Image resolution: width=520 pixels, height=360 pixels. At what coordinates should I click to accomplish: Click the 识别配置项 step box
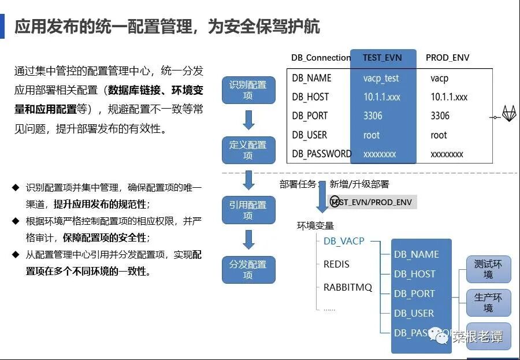(248, 90)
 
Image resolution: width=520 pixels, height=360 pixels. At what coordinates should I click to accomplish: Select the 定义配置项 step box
(248, 150)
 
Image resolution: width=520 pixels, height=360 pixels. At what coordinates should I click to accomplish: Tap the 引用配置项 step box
(248, 210)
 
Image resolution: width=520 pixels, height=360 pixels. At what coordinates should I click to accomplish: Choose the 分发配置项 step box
(248, 270)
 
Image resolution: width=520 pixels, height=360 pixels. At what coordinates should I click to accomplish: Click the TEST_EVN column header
(382, 58)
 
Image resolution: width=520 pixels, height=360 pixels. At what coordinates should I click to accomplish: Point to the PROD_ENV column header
(447, 58)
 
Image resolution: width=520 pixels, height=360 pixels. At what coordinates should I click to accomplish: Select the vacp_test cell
(381, 78)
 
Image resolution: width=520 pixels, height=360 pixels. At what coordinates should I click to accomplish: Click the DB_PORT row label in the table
(310, 116)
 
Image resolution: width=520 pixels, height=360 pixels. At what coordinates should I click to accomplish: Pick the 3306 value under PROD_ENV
(440, 116)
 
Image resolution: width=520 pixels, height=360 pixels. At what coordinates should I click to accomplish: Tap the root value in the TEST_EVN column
(372, 135)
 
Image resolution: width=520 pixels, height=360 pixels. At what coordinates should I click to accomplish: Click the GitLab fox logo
(509, 114)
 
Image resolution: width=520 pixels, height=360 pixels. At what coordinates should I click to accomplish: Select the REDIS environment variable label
(336, 265)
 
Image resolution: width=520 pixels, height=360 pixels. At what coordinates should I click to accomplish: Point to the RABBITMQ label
(348, 287)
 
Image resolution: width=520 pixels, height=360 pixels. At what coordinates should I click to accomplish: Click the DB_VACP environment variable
(344, 241)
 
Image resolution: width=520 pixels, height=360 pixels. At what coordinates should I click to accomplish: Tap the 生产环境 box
(488, 303)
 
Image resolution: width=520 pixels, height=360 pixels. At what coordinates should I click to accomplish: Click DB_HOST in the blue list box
(415, 274)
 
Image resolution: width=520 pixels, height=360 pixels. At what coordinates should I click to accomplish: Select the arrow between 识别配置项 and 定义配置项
(248, 120)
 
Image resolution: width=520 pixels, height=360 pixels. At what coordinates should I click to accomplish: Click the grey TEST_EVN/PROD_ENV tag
(373, 202)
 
